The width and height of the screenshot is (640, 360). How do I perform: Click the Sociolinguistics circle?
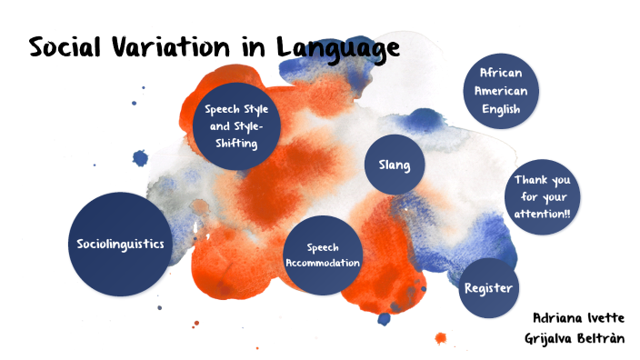pos(120,244)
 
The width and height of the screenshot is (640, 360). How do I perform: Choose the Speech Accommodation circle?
pos(323,255)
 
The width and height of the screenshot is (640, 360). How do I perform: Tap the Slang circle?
pos(395,165)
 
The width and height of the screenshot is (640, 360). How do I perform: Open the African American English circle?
pos(502,91)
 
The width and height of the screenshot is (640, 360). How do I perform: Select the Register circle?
pos(489,287)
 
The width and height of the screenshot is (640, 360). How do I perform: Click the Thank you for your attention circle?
pos(542,196)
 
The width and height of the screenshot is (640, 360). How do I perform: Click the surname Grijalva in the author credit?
pos(557,338)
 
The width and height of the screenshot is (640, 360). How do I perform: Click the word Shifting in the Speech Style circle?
pos(235,144)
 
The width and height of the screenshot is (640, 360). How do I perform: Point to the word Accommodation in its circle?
pos(323,264)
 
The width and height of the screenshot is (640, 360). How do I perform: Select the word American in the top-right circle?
pos(502,91)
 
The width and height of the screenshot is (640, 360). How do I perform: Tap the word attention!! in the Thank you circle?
pos(542,213)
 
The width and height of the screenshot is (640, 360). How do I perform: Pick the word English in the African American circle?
pos(502,109)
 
